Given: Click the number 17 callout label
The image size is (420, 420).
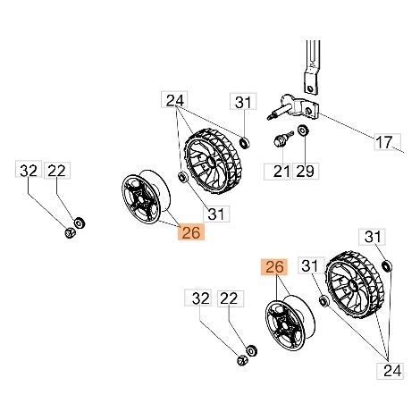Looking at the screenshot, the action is coord(387,142).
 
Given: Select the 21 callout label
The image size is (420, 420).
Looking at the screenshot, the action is coord(277,172).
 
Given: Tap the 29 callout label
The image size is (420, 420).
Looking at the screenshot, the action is coord(306,172).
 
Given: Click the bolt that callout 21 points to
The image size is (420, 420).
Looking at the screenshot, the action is coord(281,139).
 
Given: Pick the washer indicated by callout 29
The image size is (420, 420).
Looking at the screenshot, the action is coord(304,130).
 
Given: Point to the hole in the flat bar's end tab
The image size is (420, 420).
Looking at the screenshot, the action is coord(310,88).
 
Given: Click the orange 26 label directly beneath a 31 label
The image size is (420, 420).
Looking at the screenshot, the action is coord(191,232).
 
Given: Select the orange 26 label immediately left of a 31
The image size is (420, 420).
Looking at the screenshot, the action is coord(274,266).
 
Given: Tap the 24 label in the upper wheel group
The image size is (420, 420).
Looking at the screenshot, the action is coord(174,100).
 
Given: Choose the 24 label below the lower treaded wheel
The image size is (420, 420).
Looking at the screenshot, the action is coord(392,371).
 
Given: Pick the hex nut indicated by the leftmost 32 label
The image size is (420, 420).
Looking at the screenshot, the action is coord(70,232).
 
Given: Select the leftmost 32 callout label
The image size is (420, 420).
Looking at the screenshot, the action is coord(29,170).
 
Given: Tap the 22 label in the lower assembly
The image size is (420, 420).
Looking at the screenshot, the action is coord(231,298).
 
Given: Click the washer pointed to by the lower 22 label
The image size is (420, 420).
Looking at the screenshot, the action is coord(252,350).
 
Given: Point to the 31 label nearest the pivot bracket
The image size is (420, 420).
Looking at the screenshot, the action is coord(243,102).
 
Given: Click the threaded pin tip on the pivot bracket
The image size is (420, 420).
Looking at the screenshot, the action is coord(270,117).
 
